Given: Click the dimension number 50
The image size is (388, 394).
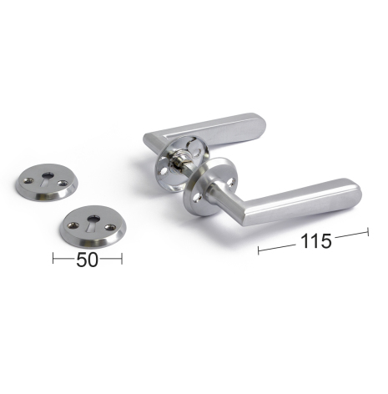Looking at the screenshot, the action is pos(87,260).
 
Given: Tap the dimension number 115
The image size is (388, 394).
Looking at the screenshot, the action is pos(316,241).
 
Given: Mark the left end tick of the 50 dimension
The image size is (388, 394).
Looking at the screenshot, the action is pos(53,258).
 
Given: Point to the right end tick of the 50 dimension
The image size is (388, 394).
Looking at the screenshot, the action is pos(122,259).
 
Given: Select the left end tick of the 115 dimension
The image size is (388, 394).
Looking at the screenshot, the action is pos(259,250).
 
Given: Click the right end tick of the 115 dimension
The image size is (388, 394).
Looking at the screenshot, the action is pos(368,232).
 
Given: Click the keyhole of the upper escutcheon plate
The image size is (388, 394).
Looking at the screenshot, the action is pos(48,179).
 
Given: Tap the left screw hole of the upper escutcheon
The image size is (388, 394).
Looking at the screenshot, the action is pos(28,180).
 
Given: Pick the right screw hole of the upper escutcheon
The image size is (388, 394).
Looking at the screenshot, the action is pos(63,183).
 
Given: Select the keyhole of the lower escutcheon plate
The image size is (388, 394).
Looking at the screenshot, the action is pos(93,222).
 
